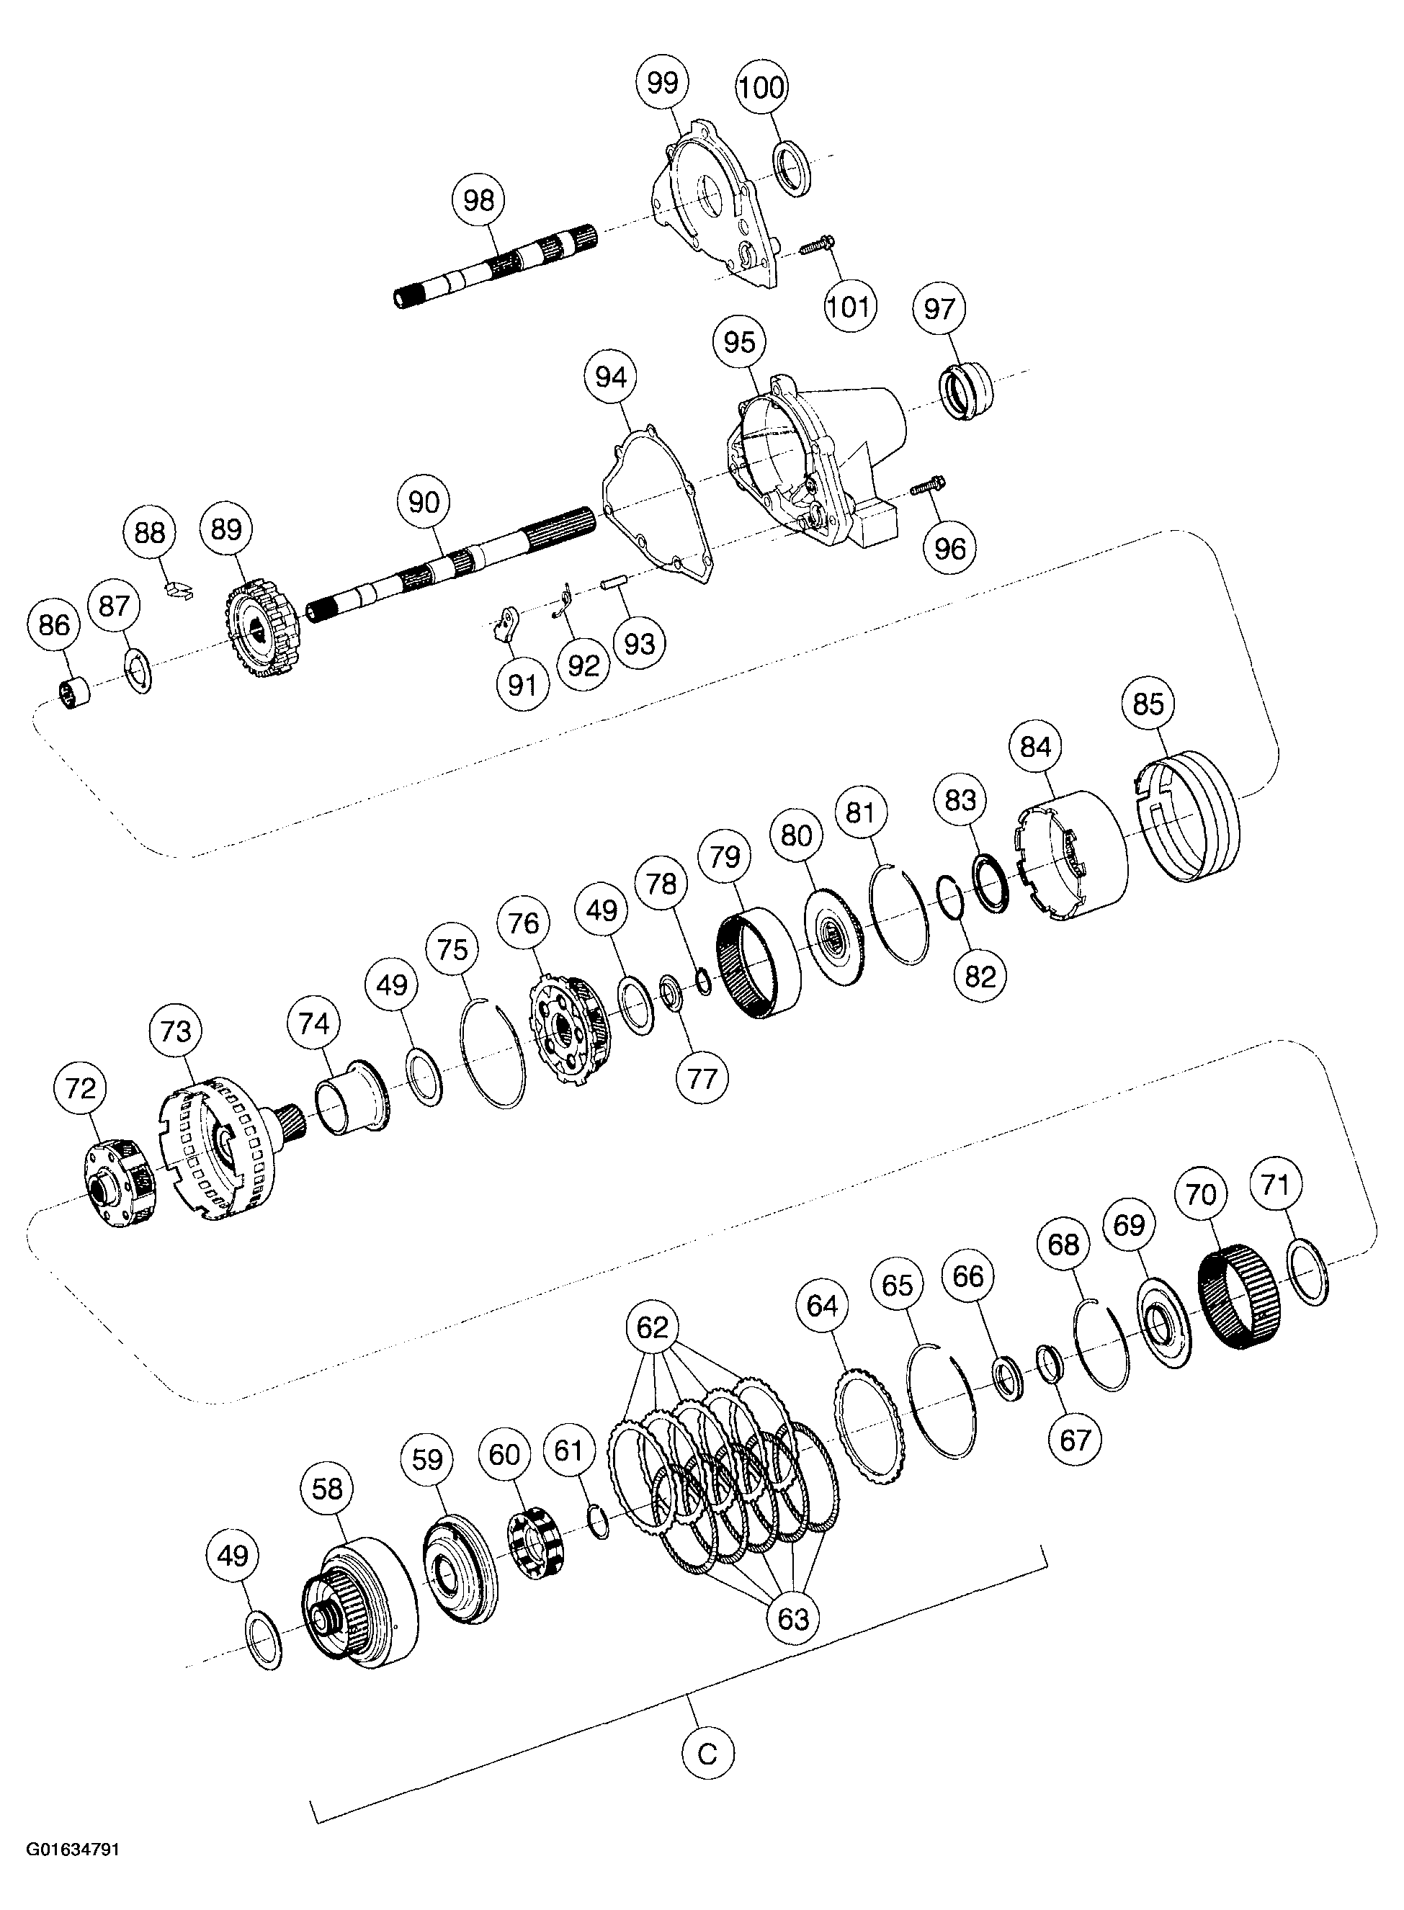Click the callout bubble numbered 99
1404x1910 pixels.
(x=662, y=84)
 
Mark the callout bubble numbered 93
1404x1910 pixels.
(x=639, y=643)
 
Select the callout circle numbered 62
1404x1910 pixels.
(x=652, y=1327)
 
